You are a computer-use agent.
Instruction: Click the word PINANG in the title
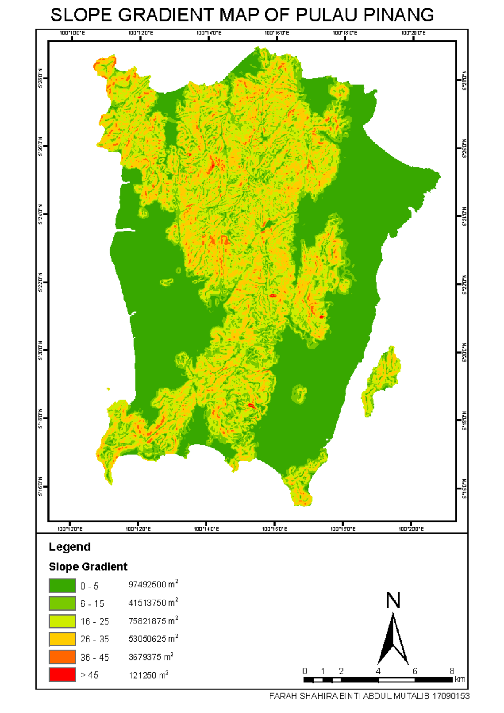pos(398,15)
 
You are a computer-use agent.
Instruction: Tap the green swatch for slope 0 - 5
pos(62,585)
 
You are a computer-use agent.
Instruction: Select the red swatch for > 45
pos(62,674)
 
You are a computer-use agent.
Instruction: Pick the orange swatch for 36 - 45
pos(62,657)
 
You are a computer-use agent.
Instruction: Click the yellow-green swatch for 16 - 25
pos(62,621)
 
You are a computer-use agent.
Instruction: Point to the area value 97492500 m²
pos(153,585)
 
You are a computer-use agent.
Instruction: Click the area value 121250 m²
pos(148,675)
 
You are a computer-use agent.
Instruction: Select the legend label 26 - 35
pos(94,639)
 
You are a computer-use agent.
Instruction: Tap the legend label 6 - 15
pos(92,603)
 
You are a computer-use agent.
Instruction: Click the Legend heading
pos(70,547)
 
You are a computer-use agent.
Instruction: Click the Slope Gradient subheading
pos(88,566)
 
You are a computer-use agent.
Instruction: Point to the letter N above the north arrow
pos(393,600)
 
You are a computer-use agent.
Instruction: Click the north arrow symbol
pos(393,640)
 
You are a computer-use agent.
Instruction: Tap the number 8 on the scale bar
pos(452,671)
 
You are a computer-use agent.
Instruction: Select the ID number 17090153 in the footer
pos(451,696)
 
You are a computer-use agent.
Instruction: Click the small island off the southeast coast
pos(381,380)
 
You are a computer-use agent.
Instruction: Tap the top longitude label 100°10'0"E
pos(72,33)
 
